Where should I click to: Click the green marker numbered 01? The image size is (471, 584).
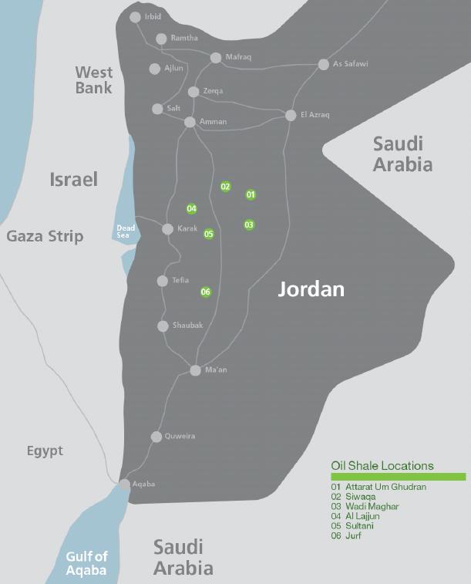251,194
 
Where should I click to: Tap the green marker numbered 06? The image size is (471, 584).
206,292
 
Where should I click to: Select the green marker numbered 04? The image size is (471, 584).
192,208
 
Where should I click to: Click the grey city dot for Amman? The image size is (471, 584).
190,122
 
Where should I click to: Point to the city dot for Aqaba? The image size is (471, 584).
124,484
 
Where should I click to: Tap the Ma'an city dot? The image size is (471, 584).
196,370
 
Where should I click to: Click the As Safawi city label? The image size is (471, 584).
350,64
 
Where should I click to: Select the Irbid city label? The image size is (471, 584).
153,16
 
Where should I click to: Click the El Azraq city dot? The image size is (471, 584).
291,116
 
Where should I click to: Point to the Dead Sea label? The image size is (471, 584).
125,231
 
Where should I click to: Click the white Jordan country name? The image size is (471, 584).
311,290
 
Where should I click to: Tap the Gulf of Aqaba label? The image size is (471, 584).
86,563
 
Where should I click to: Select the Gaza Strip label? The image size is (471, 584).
45,236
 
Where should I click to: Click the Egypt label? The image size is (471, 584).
45,451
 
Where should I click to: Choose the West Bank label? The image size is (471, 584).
94,80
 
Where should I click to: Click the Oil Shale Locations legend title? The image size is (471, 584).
382,465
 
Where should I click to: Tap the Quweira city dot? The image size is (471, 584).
156,437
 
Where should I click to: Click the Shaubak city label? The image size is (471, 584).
187,326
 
